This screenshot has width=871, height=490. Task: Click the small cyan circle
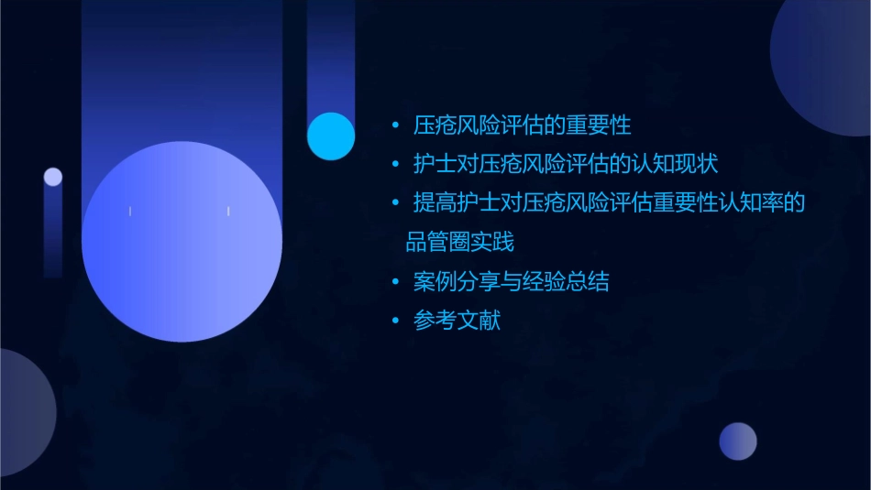click(x=331, y=136)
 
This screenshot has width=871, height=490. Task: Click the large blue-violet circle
click(x=182, y=242)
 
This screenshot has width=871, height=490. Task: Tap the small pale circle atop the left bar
click(x=53, y=177)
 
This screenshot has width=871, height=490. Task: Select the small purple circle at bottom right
click(x=738, y=441)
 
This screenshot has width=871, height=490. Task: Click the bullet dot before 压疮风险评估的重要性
click(x=395, y=125)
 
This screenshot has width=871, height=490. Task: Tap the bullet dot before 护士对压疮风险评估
click(x=395, y=165)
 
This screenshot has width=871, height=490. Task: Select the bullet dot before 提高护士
click(x=395, y=203)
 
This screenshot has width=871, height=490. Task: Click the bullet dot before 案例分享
click(x=395, y=282)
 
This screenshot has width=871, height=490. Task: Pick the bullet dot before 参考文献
click(x=395, y=321)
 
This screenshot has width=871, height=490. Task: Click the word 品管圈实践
click(x=460, y=243)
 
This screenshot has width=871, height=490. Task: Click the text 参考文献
click(x=457, y=321)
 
